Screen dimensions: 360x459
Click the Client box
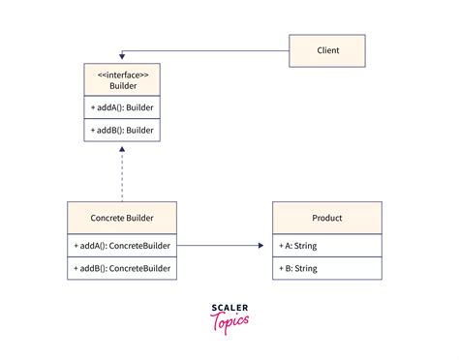[x=327, y=49]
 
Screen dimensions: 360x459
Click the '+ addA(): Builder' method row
[x=122, y=107]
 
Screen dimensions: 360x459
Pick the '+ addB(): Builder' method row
[x=122, y=130]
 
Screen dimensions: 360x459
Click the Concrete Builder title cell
[x=122, y=218]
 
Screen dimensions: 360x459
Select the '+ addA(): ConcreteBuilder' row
[x=122, y=246]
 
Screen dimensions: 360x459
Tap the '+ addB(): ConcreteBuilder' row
[x=122, y=268]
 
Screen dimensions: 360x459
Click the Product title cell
[x=327, y=218]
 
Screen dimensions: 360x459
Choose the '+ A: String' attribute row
[x=327, y=246]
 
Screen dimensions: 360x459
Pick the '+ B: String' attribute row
[x=327, y=268]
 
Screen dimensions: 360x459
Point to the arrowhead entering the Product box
[x=260, y=246]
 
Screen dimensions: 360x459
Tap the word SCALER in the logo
[x=229, y=308]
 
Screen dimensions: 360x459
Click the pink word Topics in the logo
[x=230, y=323]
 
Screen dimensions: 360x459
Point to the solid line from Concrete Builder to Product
[x=218, y=246]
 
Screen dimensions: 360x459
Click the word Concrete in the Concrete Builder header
[x=106, y=218]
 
